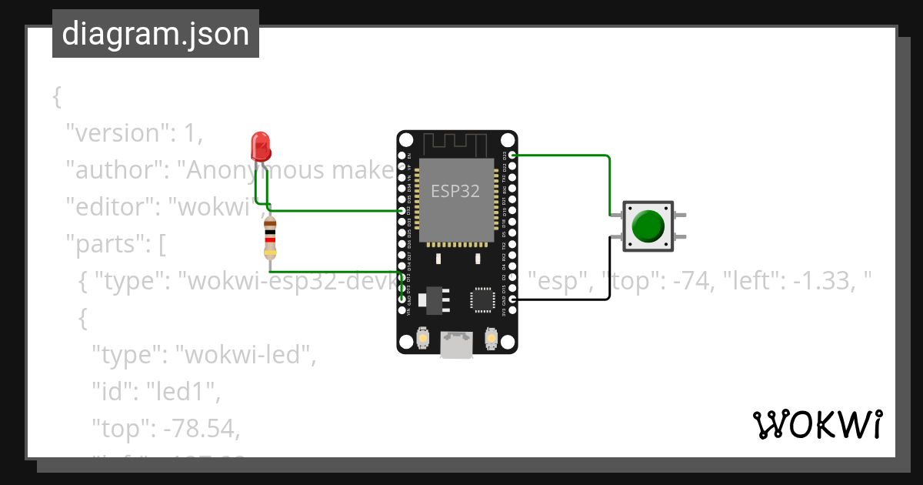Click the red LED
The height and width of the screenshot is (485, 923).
[x=261, y=145]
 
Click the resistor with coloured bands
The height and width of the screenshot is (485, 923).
[x=270, y=238]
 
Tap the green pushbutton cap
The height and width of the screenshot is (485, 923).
[x=648, y=226]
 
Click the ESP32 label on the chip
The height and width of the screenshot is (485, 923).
[x=455, y=191]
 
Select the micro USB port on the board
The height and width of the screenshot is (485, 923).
[x=456, y=345]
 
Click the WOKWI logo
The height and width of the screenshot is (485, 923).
[x=817, y=425]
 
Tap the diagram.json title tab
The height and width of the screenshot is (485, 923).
[x=155, y=34]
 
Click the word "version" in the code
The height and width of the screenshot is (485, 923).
[x=116, y=133]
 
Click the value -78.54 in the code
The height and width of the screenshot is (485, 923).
[x=198, y=429]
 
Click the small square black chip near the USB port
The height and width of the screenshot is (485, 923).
[x=483, y=300]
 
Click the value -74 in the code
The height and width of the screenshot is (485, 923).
[x=697, y=282]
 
